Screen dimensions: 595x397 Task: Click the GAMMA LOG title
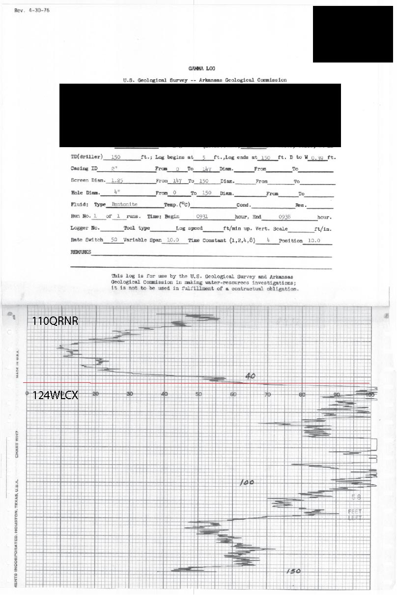(201, 69)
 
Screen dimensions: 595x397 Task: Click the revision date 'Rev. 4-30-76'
(32, 10)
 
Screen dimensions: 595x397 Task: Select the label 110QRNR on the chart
(56, 321)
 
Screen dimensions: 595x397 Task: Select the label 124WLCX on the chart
(56, 395)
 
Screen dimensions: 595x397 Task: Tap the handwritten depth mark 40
(250, 376)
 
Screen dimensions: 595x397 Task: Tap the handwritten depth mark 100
(247, 483)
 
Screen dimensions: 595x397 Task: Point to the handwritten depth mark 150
(293, 571)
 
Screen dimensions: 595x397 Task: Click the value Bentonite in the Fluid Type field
(124, 204)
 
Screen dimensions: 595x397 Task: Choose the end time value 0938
(285, 217)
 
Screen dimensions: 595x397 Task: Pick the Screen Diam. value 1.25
(117, 181)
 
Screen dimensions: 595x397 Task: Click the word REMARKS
(81, 252)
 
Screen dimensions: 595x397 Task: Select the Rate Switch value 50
(114, 240)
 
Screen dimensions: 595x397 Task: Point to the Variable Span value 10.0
(174, 240)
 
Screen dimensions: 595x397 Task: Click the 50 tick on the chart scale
(199, 394)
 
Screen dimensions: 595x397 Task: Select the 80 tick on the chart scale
(303, 394)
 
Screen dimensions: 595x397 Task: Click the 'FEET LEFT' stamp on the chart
(355, 515)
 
